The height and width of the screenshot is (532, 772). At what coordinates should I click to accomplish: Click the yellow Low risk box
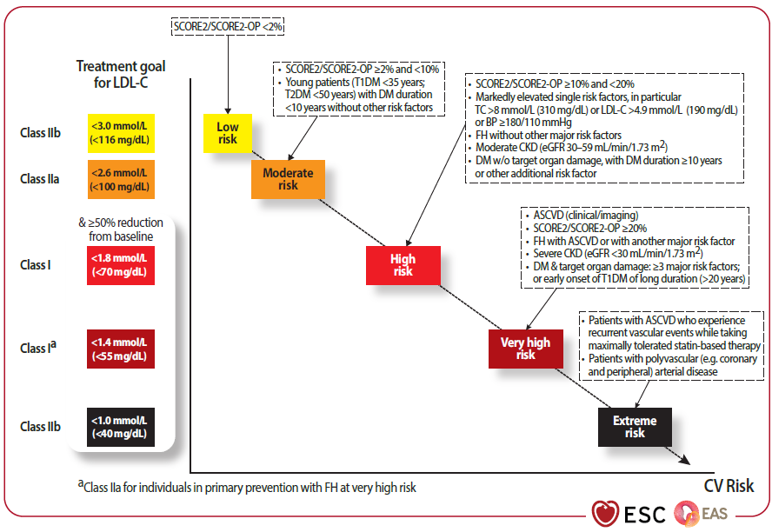[x=227, y=133]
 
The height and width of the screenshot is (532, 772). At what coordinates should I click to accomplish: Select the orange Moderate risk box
[x=288, y=179]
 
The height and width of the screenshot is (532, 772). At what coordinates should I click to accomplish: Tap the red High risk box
[x=403, y=264]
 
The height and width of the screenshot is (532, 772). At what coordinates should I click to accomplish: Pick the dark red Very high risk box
[x=525, y=349]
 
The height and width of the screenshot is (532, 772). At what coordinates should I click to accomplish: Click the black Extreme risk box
[x=635, y=427]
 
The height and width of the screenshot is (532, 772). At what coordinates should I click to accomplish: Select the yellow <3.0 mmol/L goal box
[x=120, y=133]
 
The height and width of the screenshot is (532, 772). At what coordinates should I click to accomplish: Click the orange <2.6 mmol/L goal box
[x=120, y=179]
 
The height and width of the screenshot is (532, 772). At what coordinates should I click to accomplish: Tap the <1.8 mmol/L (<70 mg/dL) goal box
[x=120, y=264]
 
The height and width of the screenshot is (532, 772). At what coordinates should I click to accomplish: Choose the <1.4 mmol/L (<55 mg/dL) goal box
[x=120, y=349]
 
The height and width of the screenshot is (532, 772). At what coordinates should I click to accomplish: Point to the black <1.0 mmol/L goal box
[x=120, y=427]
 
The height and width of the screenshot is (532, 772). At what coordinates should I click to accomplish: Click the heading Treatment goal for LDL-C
[x=121, y=74]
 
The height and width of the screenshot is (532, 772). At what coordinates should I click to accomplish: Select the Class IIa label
[x=40, y=179]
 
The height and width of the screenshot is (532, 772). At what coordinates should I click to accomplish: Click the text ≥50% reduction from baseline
[x=120, y=229]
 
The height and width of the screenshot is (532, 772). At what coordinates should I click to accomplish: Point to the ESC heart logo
[x=605, y=512]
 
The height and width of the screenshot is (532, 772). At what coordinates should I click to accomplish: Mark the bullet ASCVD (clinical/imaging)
[x=573, y=216]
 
